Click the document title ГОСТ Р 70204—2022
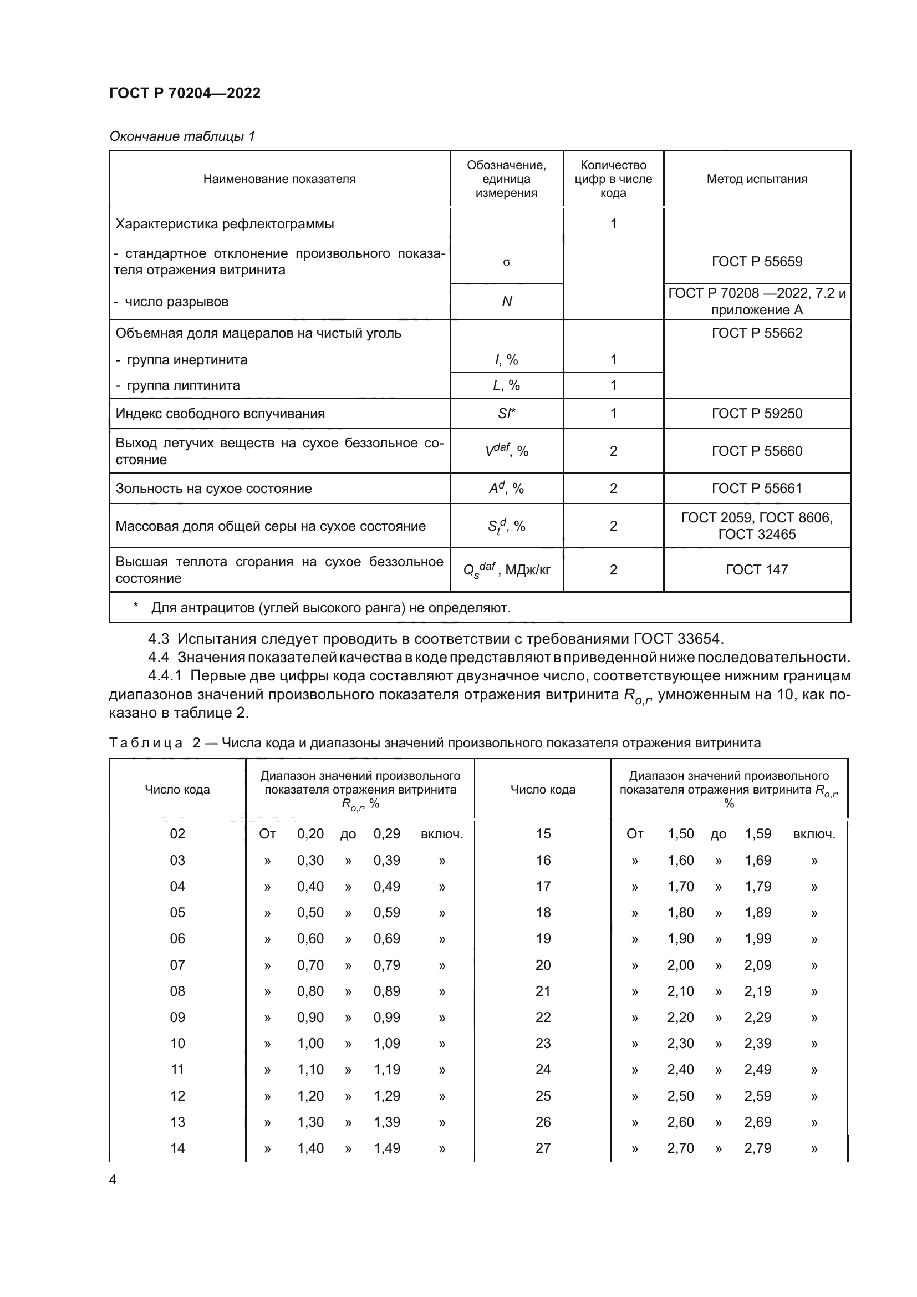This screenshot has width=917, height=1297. point(185,93)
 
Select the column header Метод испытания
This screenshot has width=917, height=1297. point(757,179)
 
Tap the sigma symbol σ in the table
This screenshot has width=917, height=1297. point(507,262)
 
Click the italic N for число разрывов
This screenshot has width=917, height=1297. point(507,302)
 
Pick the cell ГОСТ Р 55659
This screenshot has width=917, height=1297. point(757,262)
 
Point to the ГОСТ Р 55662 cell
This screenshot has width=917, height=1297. point(757,333)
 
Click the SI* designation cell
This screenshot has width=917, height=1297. point(507,414)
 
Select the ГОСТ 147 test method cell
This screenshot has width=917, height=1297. point(757,569)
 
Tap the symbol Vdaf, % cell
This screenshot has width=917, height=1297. point(507,451)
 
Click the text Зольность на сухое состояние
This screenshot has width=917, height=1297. point(213,488)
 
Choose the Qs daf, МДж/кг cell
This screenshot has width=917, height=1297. point(507,569)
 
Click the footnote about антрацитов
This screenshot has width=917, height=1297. point(330,608)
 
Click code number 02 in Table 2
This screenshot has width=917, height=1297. point(177,834)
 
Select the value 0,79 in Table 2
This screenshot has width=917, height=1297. point(387,965)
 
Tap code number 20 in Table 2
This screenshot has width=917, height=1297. point(543,965)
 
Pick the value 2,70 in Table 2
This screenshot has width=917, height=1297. point(680,1148)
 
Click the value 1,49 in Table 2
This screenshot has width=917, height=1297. point(387,1148)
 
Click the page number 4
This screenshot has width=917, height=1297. point(113,1179)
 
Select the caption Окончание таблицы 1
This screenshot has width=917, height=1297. point(182,136)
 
